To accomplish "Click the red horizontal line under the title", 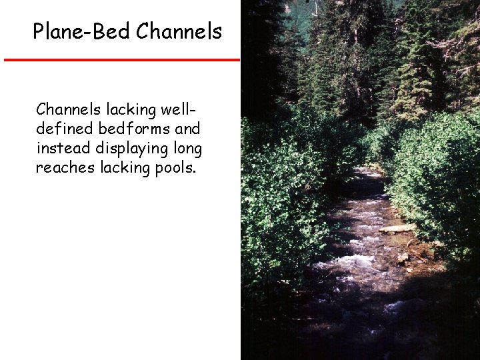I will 121,60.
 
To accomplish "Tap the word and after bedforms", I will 187,128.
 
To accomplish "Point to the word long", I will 189,148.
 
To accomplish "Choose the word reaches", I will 65,167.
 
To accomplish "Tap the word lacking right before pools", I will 125,167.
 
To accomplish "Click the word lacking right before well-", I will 129,109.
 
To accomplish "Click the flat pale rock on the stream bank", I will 397,229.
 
